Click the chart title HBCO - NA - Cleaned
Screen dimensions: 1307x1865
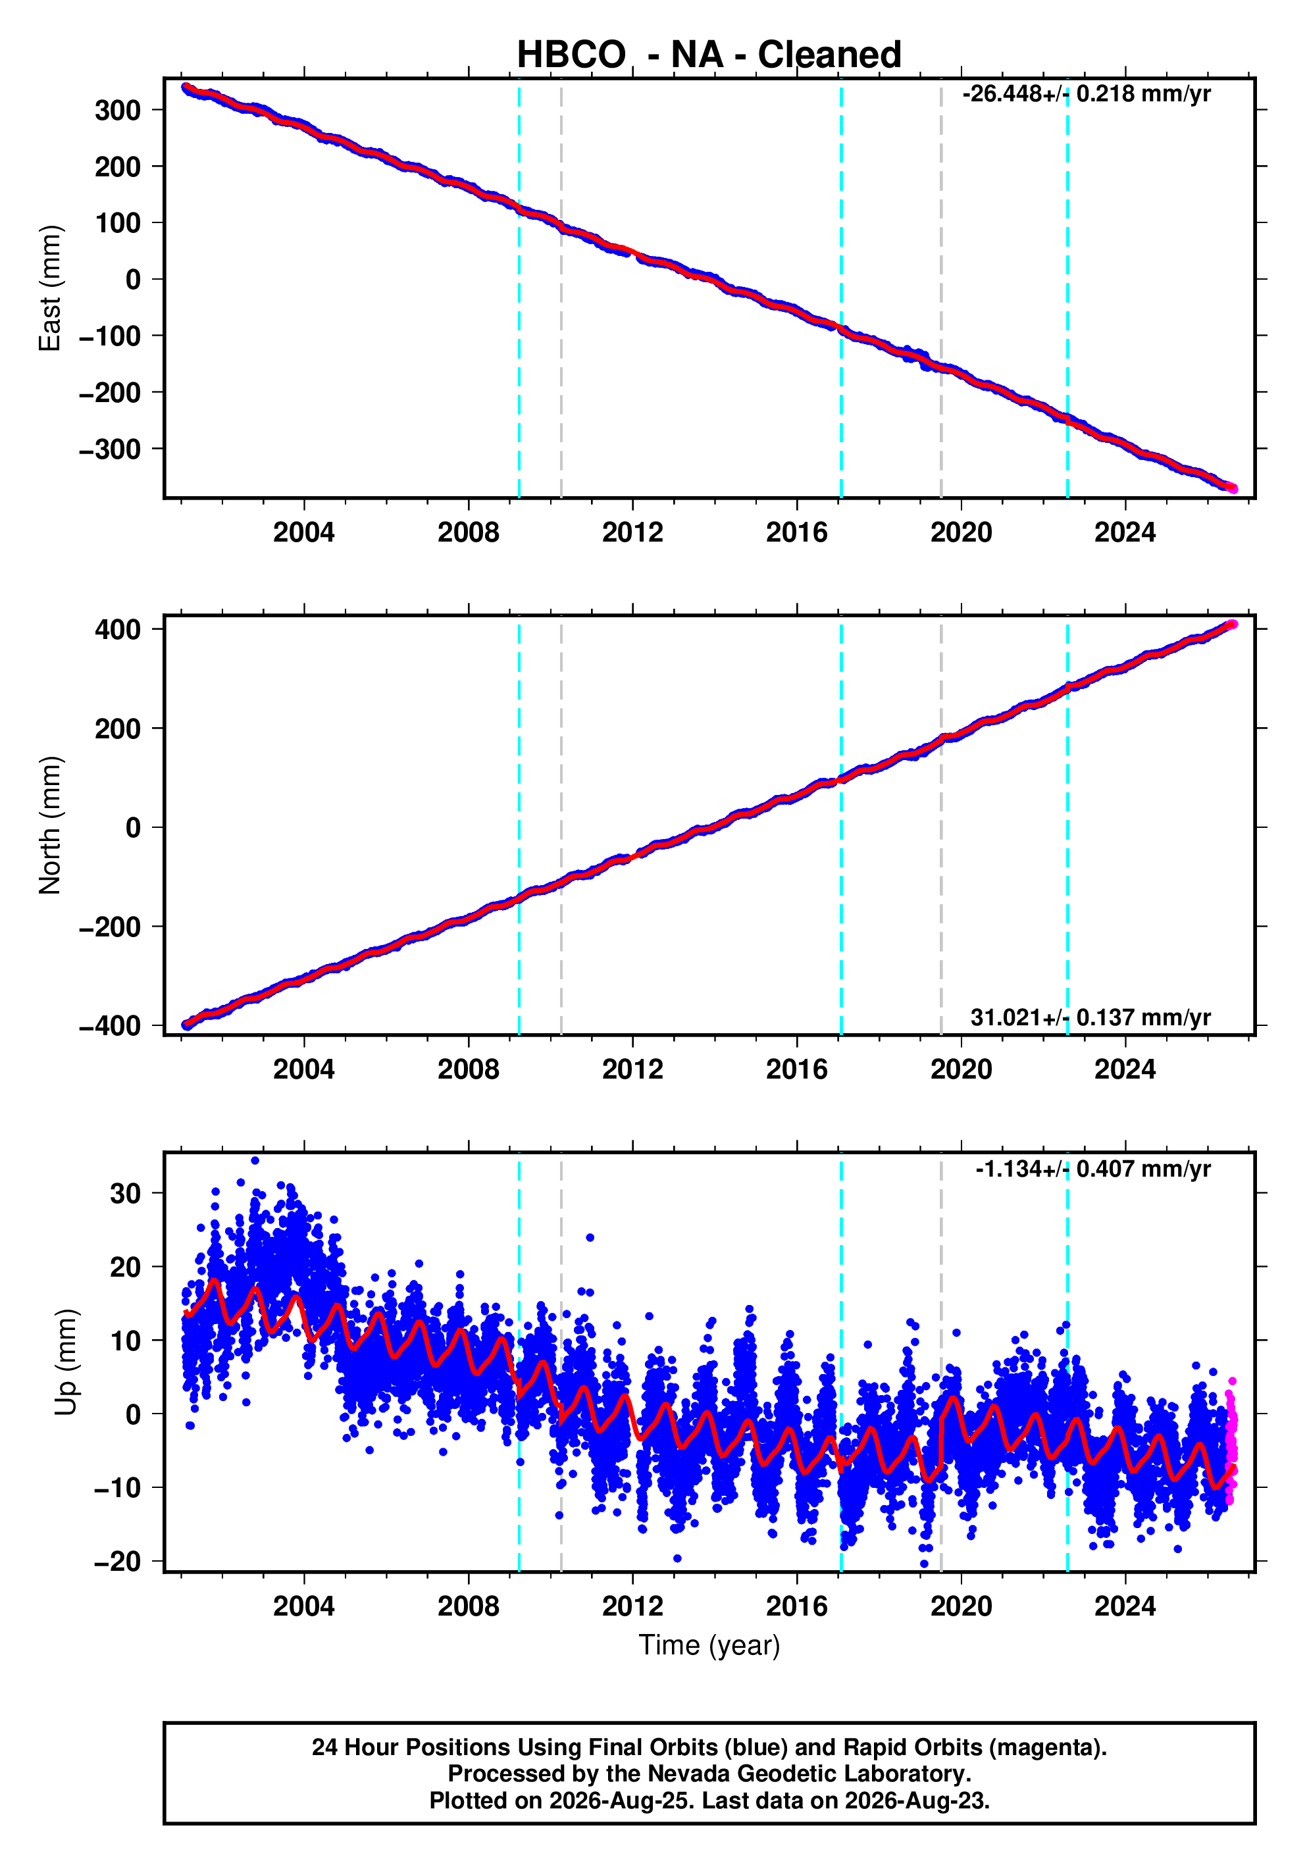point(709,55)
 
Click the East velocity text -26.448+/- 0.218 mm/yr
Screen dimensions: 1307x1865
point(1086,93)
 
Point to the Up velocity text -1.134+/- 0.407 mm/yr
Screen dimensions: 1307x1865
point(1092,1169)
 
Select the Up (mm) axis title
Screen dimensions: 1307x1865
point(66,1362)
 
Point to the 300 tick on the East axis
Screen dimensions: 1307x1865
point(118,110)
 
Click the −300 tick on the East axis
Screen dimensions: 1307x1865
point(110,449)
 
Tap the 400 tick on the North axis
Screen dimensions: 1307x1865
point(118,630)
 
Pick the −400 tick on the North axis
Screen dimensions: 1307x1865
point(110,1026)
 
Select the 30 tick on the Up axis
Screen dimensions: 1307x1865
point(126,1193)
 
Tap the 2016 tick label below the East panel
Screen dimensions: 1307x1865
point(796,533)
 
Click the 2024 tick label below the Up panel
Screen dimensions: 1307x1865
point(1125,1606)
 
